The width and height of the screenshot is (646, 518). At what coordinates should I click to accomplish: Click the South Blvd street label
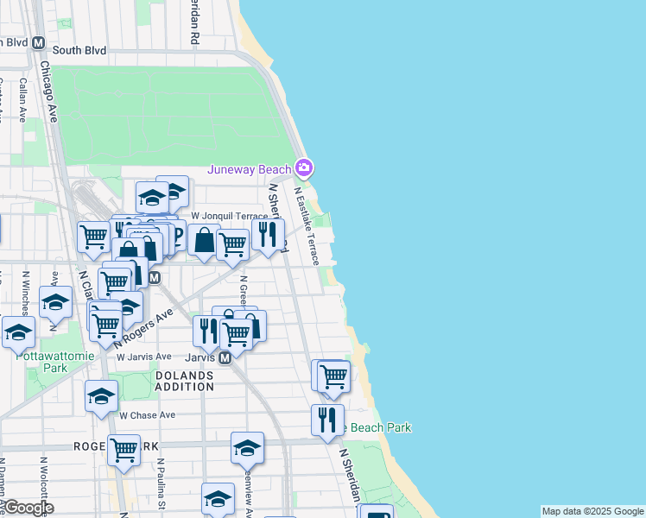coord(79,50)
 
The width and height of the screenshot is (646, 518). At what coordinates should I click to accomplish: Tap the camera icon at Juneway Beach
coord(303,167)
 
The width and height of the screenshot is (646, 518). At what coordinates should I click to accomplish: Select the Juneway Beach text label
coord(249,169)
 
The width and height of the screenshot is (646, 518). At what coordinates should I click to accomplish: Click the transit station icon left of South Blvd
coord(38,43)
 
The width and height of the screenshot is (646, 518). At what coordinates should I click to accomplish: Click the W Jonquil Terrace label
coord(229,215)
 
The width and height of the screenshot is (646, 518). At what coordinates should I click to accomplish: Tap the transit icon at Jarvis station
coord(225,357)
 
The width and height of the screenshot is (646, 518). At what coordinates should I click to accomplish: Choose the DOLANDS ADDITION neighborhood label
coord(185,381)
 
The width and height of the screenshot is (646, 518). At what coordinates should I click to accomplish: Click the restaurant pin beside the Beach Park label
coord(327,419)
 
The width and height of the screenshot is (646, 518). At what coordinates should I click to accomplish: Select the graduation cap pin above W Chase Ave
coord(101,395)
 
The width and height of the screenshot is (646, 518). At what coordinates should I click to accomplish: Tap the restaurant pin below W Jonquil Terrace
coord(268,233)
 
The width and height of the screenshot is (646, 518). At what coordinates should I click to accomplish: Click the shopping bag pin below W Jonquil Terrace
coord(204,239)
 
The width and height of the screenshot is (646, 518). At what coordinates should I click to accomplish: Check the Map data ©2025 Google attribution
coord(592,511)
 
